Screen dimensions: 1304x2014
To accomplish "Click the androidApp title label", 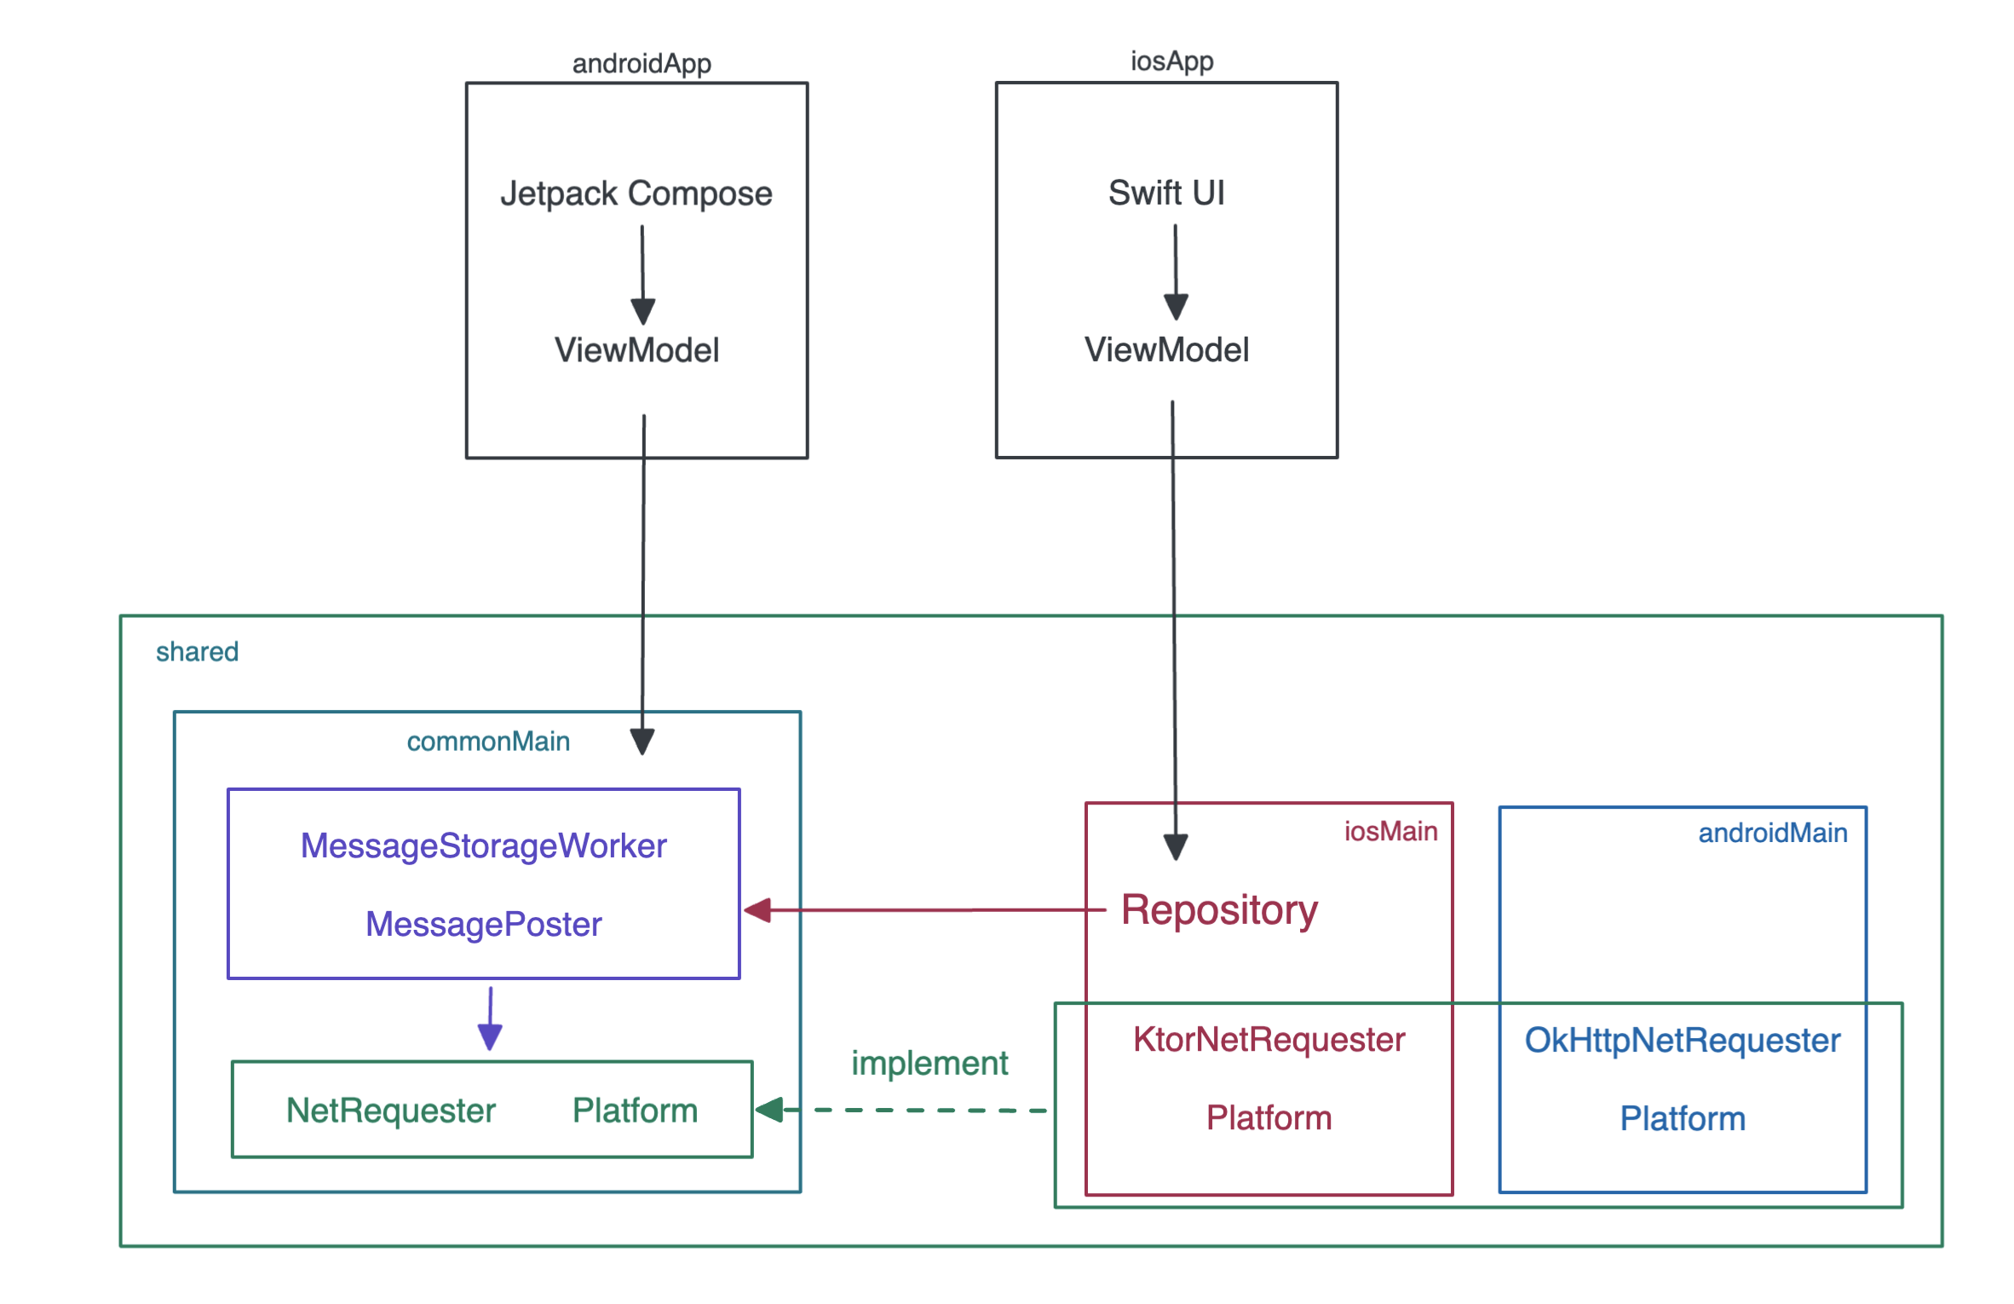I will (x=641, y=64).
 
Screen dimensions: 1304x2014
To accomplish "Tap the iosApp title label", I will (x=1171, y=61).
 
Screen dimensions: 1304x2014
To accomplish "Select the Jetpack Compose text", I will (x=636, y=193).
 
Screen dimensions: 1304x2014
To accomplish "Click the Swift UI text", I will (x=1165, y=193).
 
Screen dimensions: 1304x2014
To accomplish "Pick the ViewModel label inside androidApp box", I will (x=636, y=350).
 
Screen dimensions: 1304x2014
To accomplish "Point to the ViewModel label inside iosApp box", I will (x=1165, y=349).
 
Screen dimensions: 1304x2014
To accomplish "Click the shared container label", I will (x=197, y=652).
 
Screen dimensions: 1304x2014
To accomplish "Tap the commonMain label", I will (x=488, y=741).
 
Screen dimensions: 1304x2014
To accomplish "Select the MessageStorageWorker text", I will (x=483, y=846).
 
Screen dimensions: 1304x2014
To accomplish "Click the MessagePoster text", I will (x=483, y=925).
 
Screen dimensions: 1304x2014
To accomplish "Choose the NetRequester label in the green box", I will (x=390, y=1111).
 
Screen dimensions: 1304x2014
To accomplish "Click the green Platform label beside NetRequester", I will (x=635, y=1111).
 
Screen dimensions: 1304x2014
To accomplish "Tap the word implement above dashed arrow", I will (x=929, y=1064).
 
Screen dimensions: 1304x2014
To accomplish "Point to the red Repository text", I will (x=1219, y=910).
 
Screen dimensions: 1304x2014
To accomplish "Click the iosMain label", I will (x=1390, y=832).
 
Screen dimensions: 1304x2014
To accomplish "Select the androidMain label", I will (x=1772, y=834).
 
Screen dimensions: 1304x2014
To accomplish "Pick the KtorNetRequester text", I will (x=1269, y=1040).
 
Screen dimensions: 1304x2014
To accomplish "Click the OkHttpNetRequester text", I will (x=1682, y=1041).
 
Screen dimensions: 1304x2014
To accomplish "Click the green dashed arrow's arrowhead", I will (x=769, y=1110).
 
